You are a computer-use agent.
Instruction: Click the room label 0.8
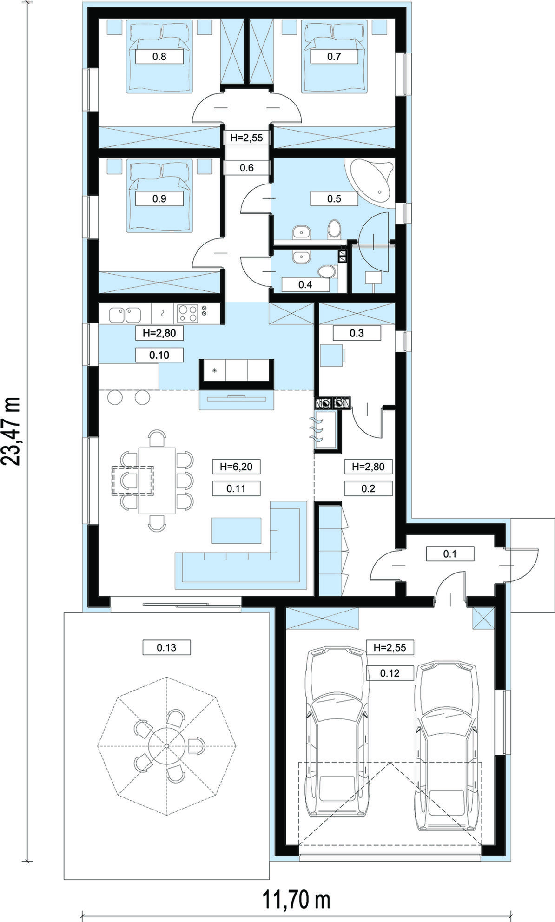(159, 57)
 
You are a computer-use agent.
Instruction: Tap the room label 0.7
(334, 57)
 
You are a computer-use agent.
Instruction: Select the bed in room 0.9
(160, 196)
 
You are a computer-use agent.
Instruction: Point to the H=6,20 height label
(236, 466)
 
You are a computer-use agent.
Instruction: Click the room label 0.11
(236, 488)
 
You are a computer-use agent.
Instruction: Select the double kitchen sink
(126, 315)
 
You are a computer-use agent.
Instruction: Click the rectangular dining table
(157, 481)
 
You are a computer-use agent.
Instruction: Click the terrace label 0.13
(166, 647)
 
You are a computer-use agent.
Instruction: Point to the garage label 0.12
(390, 673)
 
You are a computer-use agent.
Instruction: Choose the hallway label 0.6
(247, 168)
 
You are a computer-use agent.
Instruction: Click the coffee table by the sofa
(237, 530)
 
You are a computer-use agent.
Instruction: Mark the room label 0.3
(357, 333)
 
